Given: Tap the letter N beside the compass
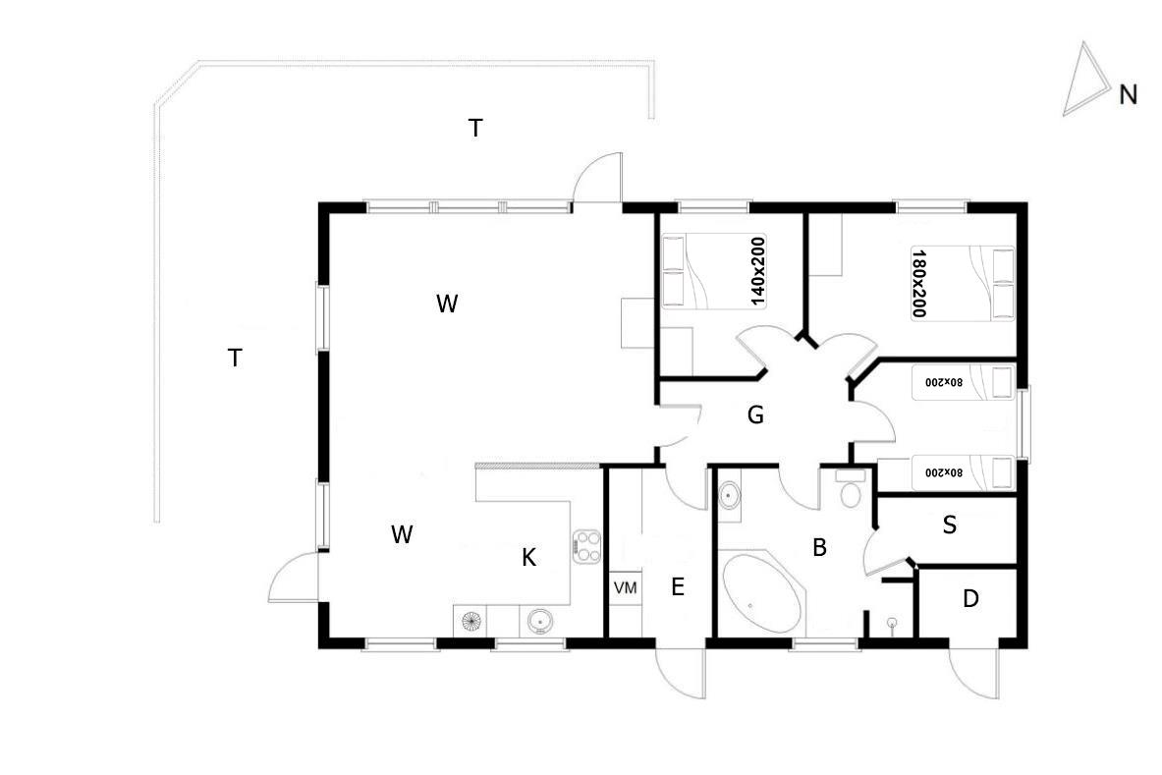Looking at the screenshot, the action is (1128, 95).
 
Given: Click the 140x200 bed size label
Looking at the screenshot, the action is (757, 272).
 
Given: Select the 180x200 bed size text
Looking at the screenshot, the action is (919, 283).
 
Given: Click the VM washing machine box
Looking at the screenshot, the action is (626, 588).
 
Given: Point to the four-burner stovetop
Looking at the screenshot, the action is (586, 547).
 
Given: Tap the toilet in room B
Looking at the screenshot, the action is (851, 489).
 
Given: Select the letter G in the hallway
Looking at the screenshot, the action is (755, 415).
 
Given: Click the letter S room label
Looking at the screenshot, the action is (949, 526).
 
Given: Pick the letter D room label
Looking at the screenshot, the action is (970, 598).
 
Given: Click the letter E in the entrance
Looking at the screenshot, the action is (678, 587).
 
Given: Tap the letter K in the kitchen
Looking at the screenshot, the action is (528, 557).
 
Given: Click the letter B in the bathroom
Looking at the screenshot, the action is (819, 547).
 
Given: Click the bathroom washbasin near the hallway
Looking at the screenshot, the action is (730, 494).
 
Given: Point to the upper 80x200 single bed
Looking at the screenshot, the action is (963, 382).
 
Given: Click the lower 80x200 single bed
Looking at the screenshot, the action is (963, 471).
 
